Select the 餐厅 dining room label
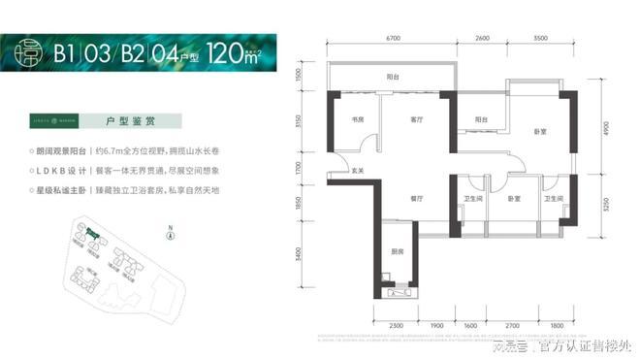point(418,198)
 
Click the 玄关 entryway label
point(358,172)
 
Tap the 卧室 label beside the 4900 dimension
point(541,132)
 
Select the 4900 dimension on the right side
point(603,132)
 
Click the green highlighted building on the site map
point(93,234)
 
